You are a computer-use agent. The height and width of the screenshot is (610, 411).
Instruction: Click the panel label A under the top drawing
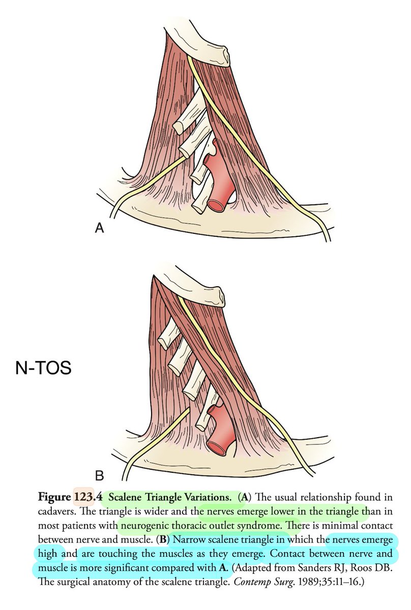(x=100, y=228)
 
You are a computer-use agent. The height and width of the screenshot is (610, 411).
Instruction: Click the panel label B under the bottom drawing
(x=100, y=476)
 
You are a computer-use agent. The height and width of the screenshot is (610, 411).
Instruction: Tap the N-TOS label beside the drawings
(x=42, y=368)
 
